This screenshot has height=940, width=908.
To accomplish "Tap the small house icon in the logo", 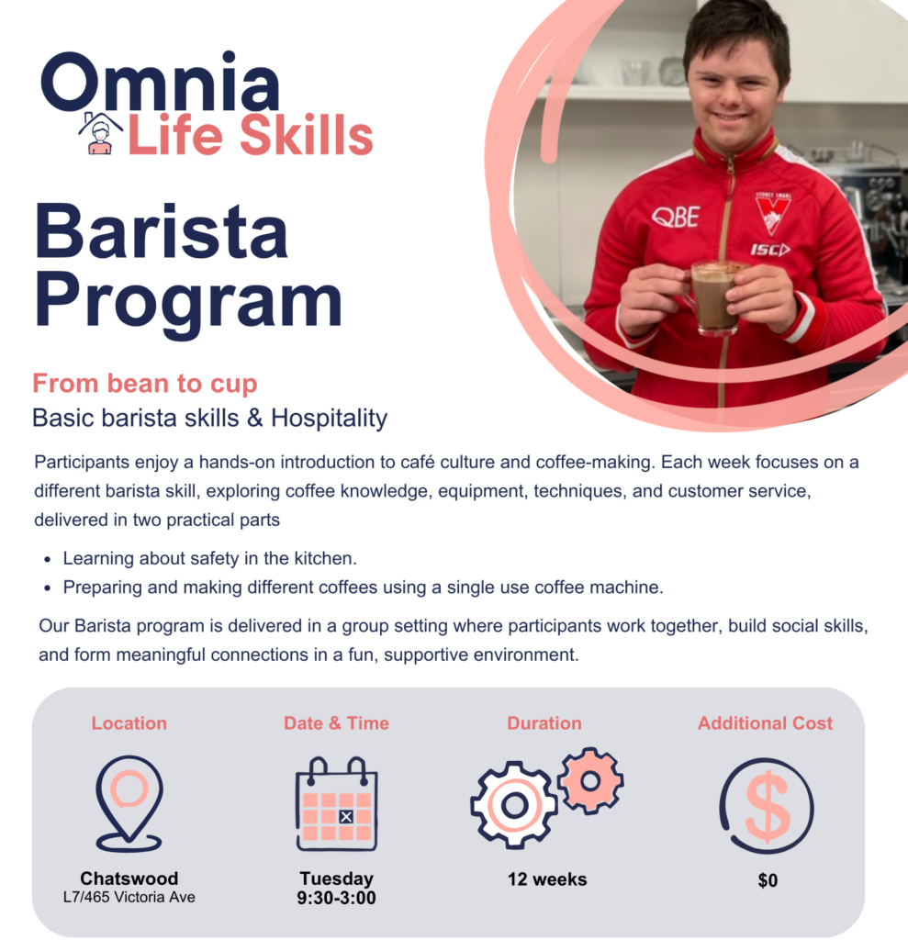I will pyautogui.click(x=100, y=134).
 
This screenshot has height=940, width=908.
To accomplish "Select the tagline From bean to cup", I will pyautogui.click(x=145, y=383).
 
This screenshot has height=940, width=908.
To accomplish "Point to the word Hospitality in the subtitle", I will pyautogui.click(x=329, y=419).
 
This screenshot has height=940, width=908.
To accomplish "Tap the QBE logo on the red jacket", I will pyautogui.click(x=675, y=217).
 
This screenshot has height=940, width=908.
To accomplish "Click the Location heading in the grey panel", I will pyautogui.click(x=129, y=723).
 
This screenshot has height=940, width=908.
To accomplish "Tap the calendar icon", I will pyautogui.click(x=336, y=804).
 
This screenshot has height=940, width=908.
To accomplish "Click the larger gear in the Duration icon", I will pyautogui.click(x=514, y=805).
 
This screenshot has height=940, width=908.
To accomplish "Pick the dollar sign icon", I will pyautogui.click(x=767, y=805).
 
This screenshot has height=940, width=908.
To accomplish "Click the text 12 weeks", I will pyautogui.click(x=547, y=879).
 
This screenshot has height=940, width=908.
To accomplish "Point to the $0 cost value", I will pyautogui.click(x=768, y=880).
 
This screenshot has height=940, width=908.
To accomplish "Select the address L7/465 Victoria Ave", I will pyautogui.click(x=129, y=897).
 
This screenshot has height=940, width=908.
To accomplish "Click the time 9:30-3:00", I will pyautogui.click(x=336, y=898).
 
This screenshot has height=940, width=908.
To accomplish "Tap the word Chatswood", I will pyautogui.click(x=129, y=878).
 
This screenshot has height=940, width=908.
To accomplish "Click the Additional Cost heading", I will pyautogui.click(x=765, y=723).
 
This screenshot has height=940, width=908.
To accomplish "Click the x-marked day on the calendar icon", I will pyautogui.click(x=346, y=816).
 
